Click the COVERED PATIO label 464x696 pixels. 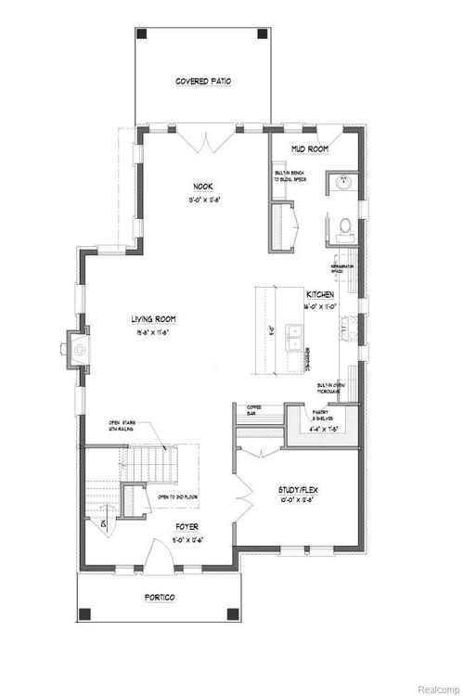203,82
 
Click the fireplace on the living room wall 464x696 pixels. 78,351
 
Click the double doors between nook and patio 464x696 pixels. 204,141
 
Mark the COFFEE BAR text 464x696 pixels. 253,411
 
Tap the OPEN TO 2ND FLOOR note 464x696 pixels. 174,497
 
